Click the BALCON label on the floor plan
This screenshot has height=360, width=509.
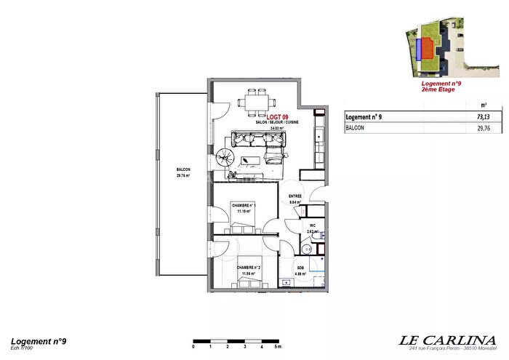point(183,169)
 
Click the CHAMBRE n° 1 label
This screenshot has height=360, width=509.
point(243,206)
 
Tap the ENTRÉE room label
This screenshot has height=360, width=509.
point(294,196)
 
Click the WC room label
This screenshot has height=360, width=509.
point(312,225)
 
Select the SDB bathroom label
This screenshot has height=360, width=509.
point(300,268)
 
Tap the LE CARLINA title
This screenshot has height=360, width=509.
point(448,340)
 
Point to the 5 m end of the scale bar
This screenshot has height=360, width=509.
point(276,346)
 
